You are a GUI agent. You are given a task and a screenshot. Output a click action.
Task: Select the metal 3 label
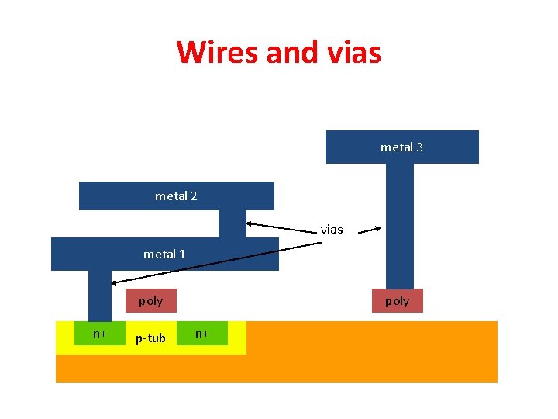tap(401, 147)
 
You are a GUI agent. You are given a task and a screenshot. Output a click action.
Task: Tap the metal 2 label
tap(176, 196)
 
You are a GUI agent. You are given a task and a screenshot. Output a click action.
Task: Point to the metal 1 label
tap(164, 254)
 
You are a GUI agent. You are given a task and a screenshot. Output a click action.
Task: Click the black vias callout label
tap(332, 230)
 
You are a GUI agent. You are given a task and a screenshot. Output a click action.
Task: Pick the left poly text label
tap(150, 301)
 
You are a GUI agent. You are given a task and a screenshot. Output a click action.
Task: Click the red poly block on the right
tap(397, 300)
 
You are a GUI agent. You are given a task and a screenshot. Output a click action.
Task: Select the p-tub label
tap(150, 338)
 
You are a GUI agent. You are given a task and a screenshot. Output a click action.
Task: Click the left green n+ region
tap(100, 334)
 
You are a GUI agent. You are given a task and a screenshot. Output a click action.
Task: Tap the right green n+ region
tap(202, 334)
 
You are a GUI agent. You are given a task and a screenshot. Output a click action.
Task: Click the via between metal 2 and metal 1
tap(232, 223)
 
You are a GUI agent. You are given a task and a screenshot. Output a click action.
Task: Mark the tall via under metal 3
tap(400, 225)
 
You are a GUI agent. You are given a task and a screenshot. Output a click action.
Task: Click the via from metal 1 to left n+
tap(100, 295)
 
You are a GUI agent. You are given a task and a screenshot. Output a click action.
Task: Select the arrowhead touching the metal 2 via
tap(250, 223)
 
